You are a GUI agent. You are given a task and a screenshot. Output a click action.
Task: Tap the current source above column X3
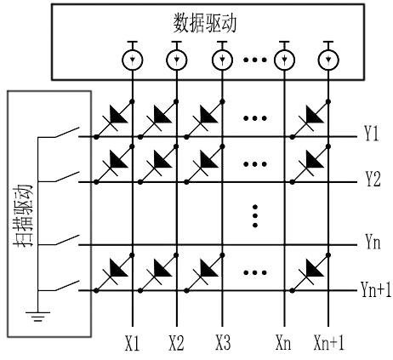click(223, 60)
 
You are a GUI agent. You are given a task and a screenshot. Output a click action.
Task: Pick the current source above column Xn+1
click(326, 60)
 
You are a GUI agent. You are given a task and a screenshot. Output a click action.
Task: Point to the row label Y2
click(372, 181)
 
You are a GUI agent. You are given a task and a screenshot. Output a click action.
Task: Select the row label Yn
click(372, 244)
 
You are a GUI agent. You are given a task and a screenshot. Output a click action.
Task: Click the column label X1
click(131, 345)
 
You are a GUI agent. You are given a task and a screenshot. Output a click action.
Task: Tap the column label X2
click(176, 345)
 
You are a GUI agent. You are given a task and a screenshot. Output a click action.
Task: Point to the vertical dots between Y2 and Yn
click(255, 213)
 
